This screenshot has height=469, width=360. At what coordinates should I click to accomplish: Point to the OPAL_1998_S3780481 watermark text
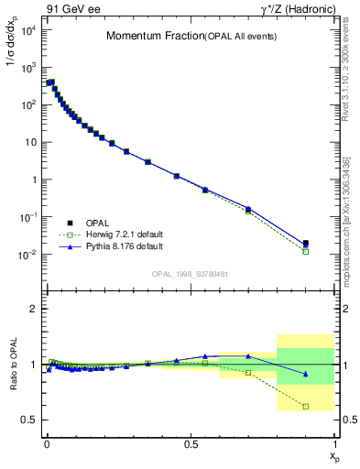(191, 274)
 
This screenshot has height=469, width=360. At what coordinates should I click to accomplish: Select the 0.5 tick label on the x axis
(191, 443)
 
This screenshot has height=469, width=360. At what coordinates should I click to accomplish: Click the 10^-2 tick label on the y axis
(27, 255)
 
